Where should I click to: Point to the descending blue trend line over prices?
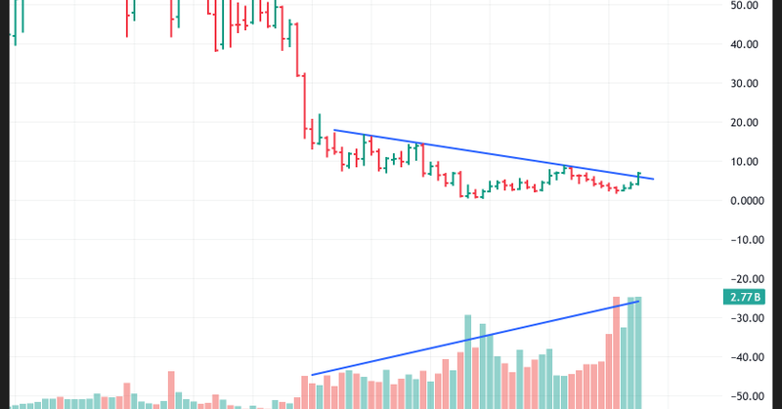(x=489, y=154)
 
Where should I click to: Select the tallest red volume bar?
(x=617, y=351)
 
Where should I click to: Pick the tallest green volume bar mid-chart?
(x=468, y=361)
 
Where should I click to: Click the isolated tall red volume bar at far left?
(x=171, y=389)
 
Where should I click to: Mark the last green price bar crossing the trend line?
(x=639, y=177)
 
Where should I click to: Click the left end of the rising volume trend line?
(x=311, y=375)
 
